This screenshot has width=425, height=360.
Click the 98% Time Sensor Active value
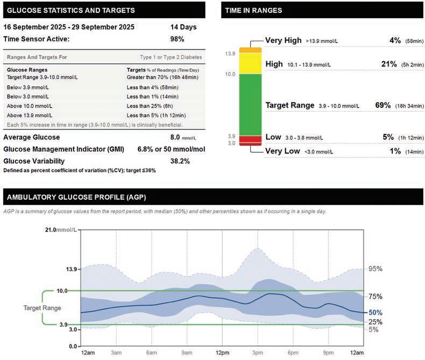click(178, 39)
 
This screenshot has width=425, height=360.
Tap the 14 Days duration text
click(183, 27)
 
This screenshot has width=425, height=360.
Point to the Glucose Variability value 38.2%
click(180, 161)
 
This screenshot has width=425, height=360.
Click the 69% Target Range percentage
click(383, 105)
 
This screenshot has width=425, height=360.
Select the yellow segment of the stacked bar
click(250, 62)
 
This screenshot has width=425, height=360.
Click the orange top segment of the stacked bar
click(250, 50)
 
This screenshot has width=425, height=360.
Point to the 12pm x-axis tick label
click(222, 352)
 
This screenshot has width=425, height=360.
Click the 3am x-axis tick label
click(117, 352)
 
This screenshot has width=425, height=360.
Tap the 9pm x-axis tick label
click(328, 352)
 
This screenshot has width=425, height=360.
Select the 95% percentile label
click(375, 269)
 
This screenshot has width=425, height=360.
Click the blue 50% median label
click(375, 312)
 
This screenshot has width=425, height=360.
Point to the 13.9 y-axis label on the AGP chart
click(72, 269)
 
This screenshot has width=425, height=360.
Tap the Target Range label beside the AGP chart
click(41, 308)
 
